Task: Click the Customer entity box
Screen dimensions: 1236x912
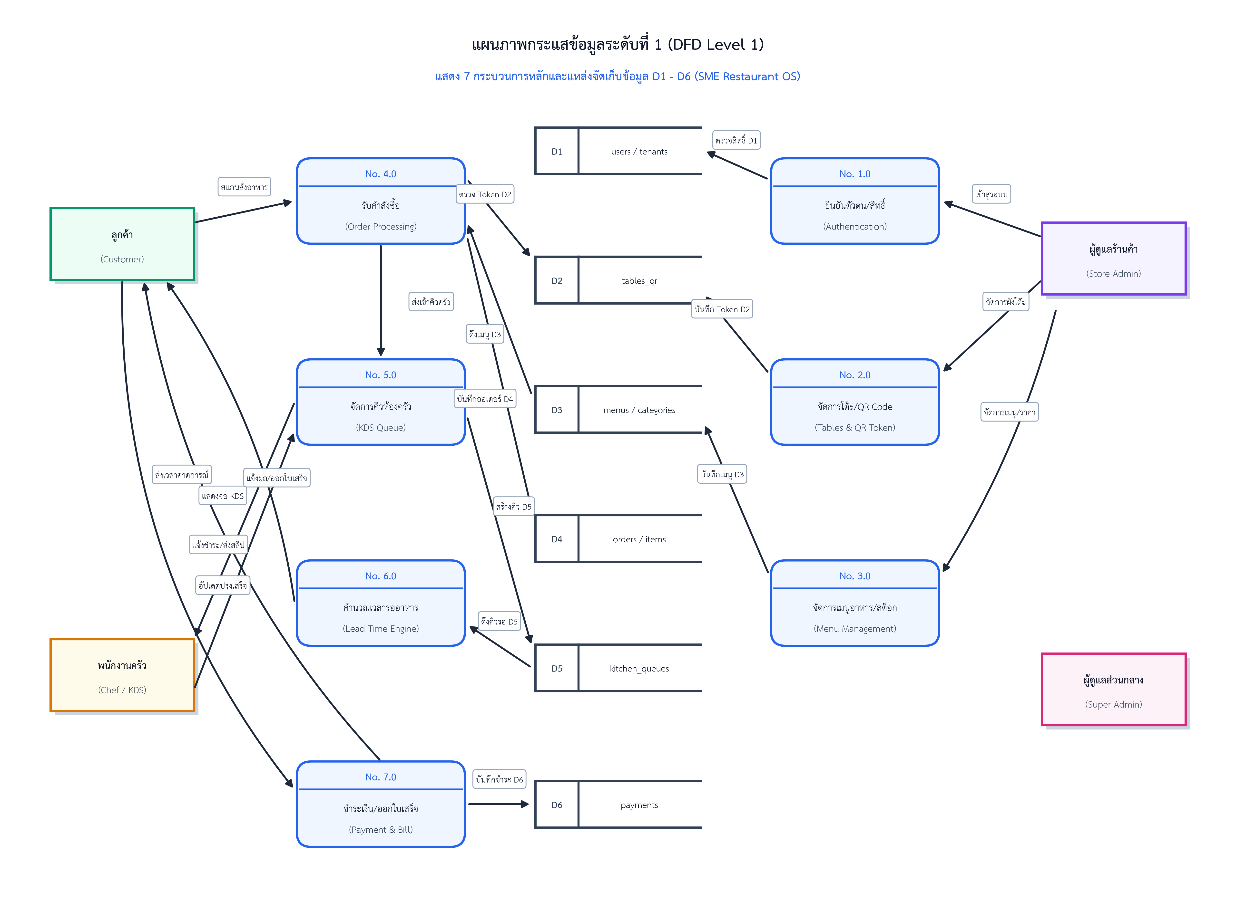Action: click(x=122, y=244)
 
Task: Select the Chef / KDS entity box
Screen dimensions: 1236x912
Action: click(x=122, y=675)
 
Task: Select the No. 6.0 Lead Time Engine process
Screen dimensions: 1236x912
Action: click(x=381, y=603)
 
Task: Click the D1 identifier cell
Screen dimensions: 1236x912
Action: click(x=557, y=151)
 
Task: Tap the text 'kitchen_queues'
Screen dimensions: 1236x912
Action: click(x=639, y=669)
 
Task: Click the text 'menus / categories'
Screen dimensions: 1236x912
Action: click(x=639, y=410)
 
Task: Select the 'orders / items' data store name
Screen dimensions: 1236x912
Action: click(x=639, y=539)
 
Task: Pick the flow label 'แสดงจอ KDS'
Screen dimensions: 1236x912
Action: click(x=223, y=496)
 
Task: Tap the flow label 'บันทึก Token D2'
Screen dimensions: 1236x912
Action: click(x=722, y=309)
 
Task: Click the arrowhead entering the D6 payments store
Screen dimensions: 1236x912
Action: click(x=525, y=804)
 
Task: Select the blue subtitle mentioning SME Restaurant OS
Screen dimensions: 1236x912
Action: click(x=618, y=76)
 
